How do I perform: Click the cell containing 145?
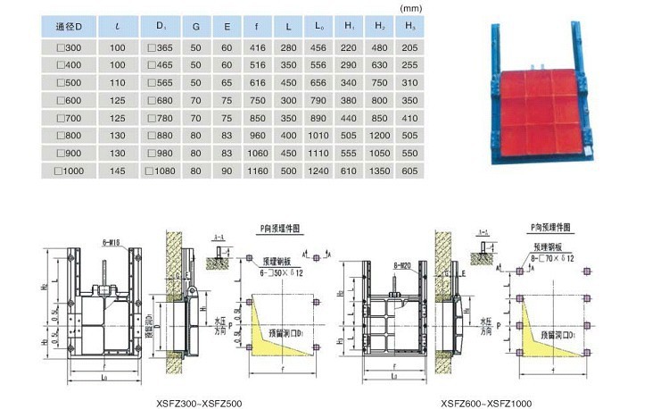click(x=118, y=169)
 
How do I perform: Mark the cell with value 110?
click(x=118, y=82)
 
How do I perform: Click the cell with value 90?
click(x=227, y=169)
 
